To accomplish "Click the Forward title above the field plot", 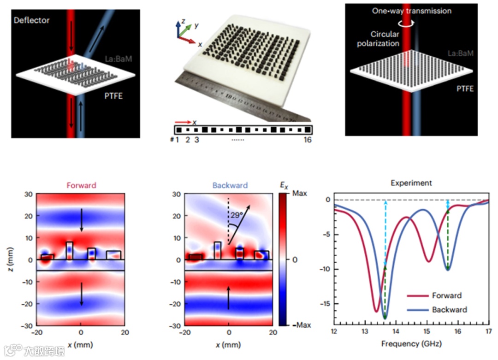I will [x=81, y=186].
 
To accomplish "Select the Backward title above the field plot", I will [x=229, y=186].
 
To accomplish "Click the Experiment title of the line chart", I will [x=411, y=183].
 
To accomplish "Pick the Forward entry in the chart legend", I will [x=446, y=295].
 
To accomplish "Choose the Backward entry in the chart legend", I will [x=449, y=309].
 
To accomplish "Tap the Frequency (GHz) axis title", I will [x=411, y=344].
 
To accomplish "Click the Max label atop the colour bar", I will [x=300, y=194].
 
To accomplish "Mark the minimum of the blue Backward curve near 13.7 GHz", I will [x=385, y=318].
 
